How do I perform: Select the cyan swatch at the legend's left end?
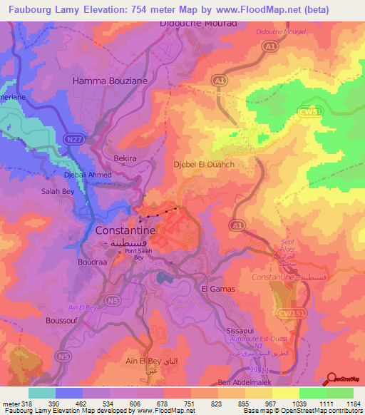tap(42, 393)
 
